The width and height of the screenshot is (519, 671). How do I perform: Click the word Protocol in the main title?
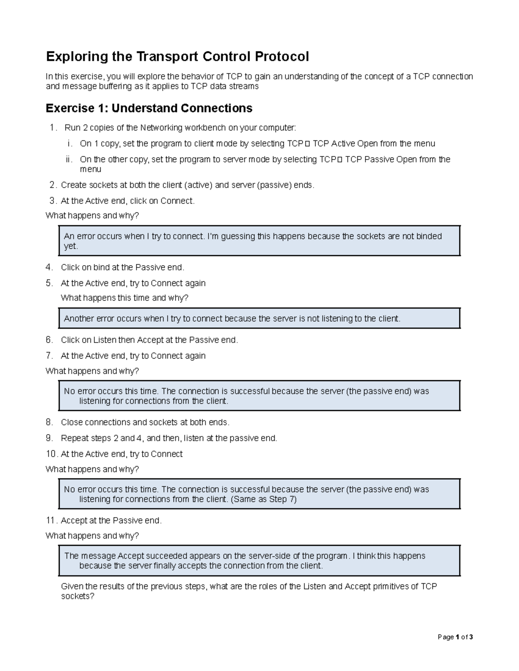click(x=282, y=57)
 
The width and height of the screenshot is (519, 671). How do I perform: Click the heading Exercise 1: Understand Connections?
click(x=149, y=108)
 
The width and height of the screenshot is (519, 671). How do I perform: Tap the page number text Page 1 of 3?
click(x=455, y=637)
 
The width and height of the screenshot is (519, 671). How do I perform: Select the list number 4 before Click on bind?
click(x=49, y=267)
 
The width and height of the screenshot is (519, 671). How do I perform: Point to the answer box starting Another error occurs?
click(x=259, y=319)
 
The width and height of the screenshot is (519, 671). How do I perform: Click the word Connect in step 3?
click(x=177, y=201)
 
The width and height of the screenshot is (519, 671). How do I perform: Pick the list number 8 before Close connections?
click(x=49, y=422)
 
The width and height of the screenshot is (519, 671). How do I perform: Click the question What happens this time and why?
click(x=125, y=298)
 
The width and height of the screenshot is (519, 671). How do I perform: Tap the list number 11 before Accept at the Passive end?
click(x=51, y=521)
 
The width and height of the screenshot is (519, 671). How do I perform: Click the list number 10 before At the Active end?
click(x=51, y=454)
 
